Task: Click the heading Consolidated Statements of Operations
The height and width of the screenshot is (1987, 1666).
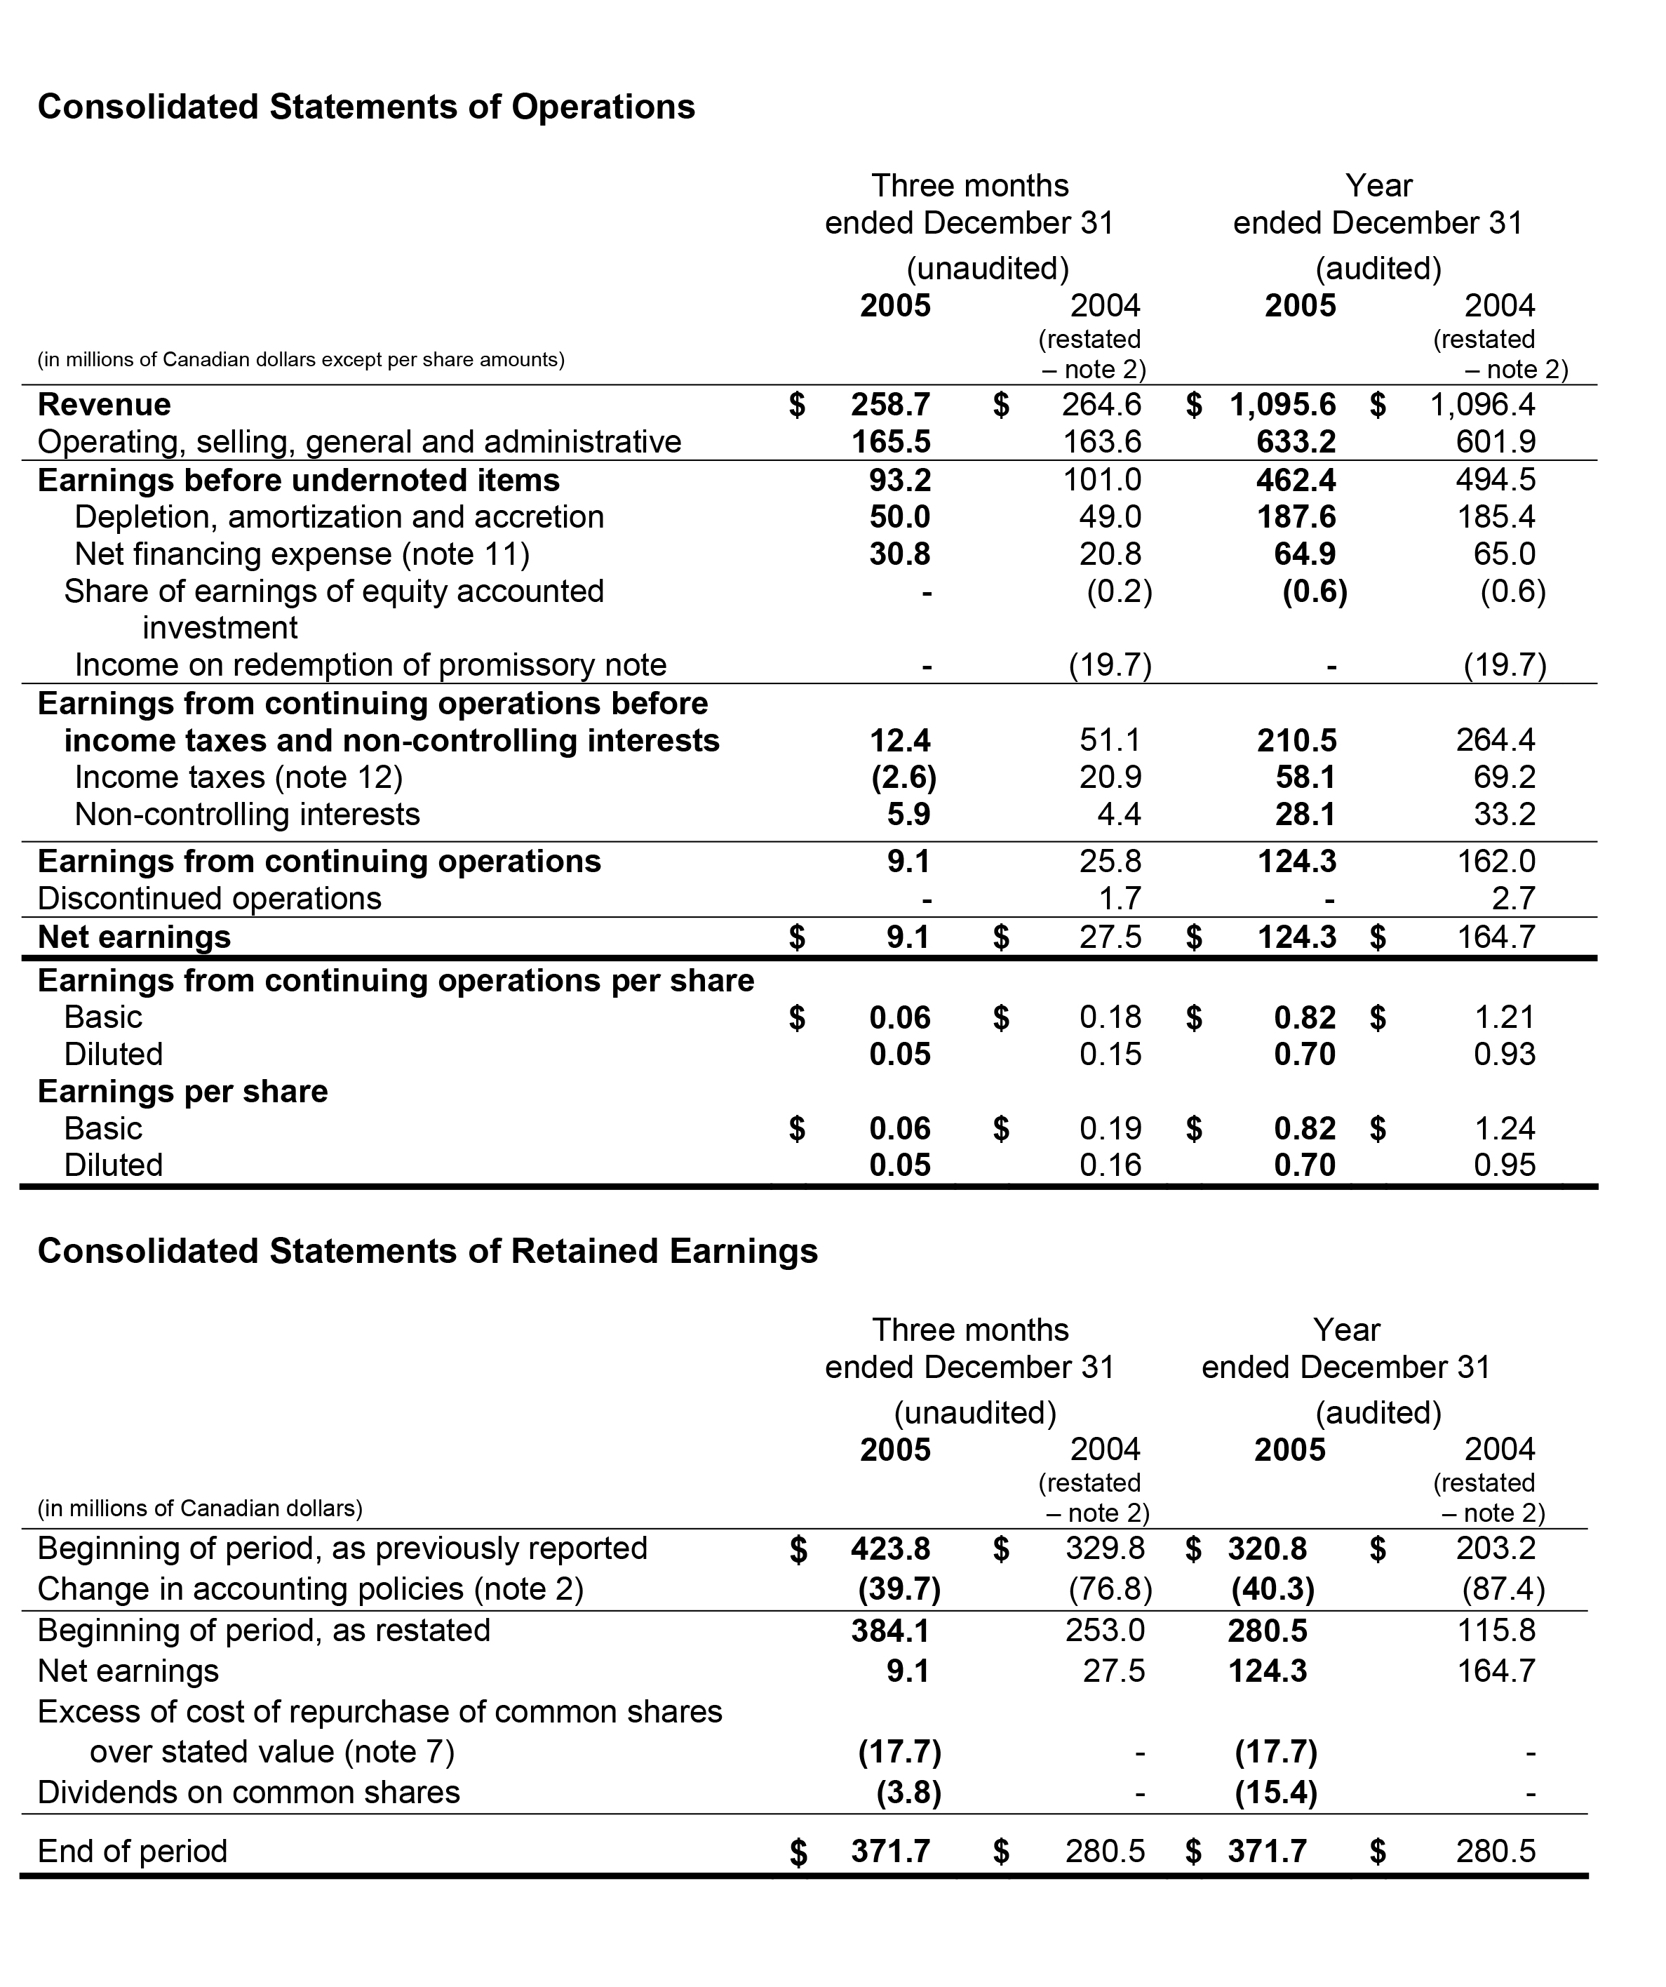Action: pos(366,107)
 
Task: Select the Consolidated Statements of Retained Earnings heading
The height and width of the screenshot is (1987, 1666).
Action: pos(428,1251)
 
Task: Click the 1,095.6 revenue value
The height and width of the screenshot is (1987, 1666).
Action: pos(1283,405)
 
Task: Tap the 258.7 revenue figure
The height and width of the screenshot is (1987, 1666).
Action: pos(890,405)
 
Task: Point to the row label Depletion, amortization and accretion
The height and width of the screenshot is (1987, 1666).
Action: pos(339,516)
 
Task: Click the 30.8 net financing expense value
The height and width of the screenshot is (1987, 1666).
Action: pos(900,554)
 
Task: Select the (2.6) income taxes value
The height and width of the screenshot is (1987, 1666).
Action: pos(903,777)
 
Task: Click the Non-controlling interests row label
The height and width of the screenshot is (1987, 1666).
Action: pos(247,814)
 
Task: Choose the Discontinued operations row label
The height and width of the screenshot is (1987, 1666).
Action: pos(209,898)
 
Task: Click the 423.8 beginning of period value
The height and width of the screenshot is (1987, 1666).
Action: pos(890,1549)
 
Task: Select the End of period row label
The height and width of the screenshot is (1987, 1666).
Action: pos(133,1851)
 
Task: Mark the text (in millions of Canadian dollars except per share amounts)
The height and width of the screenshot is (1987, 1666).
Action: pos(301,359)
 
